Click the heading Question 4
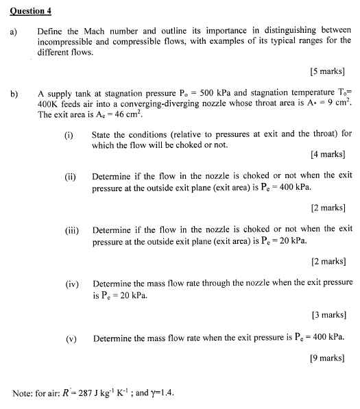(x=32, y=12)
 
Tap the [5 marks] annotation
(x=327, y=71)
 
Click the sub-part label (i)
(x=69, y=134)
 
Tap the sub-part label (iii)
(x=71, y=229)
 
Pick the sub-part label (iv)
(x=71, y=282)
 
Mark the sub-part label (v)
(x=70, y=338)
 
